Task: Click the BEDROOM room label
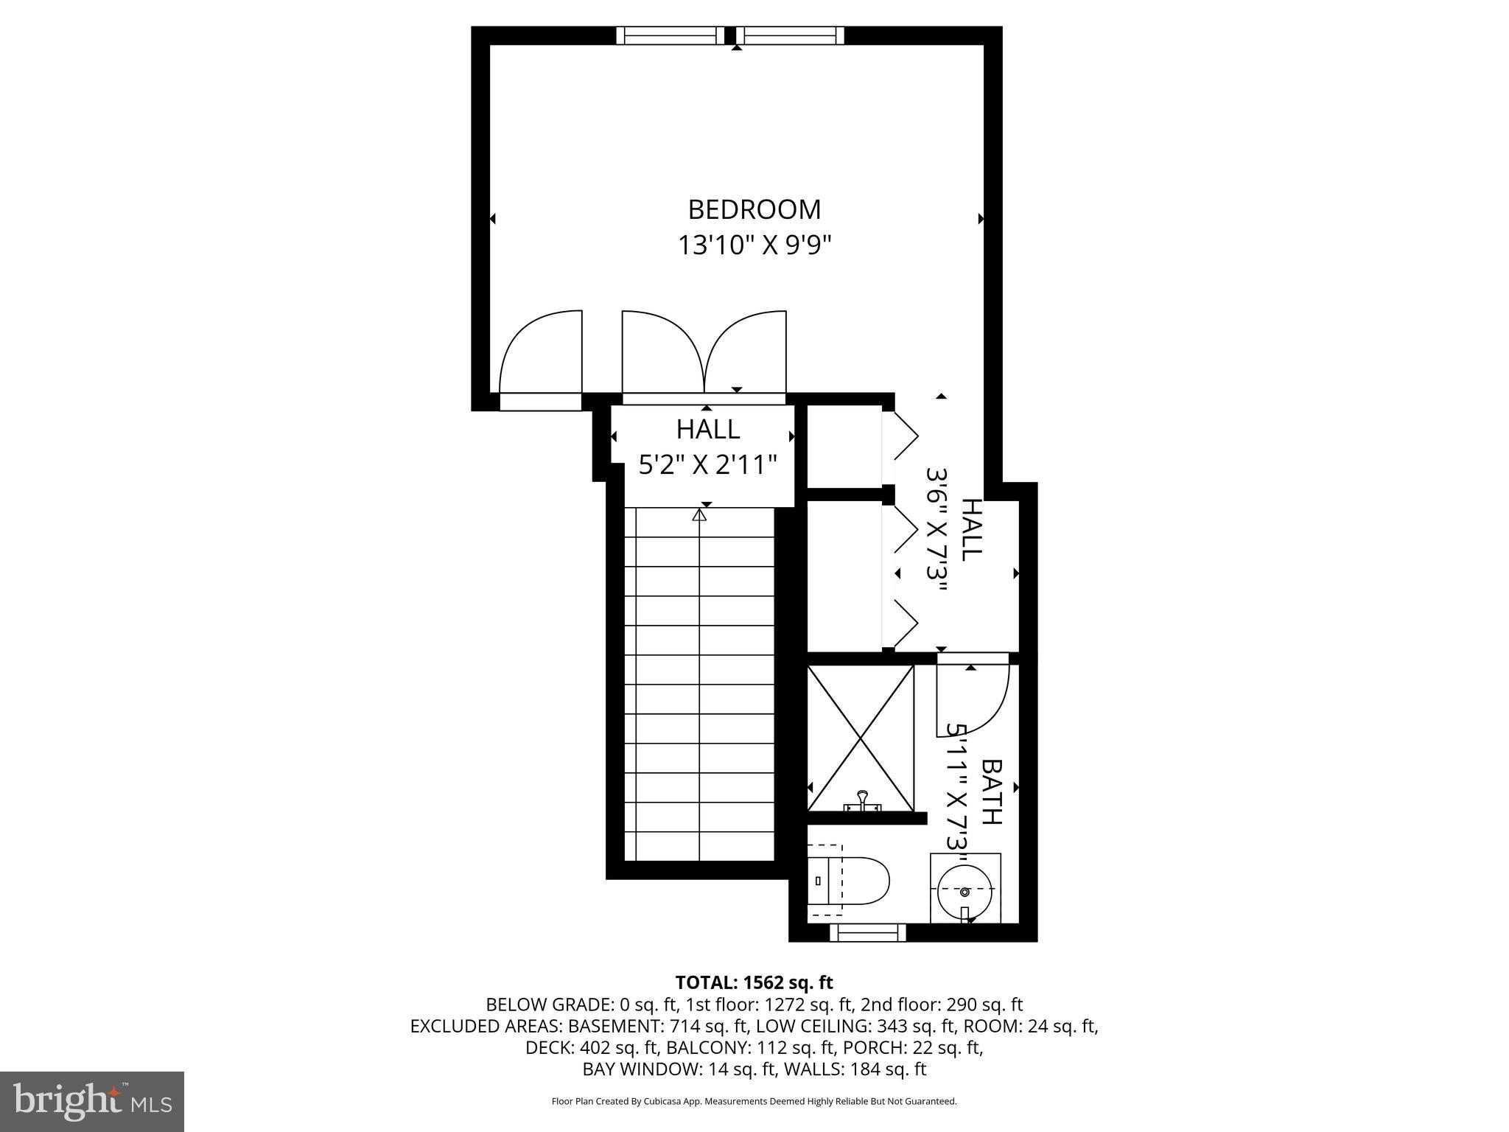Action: [x=754, y=210]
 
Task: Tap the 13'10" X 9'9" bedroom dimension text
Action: [x=754, y=245]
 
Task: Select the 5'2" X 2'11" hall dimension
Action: [x=707, y=466]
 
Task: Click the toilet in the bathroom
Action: [x=849, y=881]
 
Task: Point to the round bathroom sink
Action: [x=964, y=890]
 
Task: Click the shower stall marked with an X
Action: [x=861, y=738]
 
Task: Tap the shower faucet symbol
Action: [x=861, y=800]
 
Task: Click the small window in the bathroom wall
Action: [x=867, y=933]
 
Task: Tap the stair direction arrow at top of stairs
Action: [x=699, y=516]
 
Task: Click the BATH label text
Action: [x=992, y=792]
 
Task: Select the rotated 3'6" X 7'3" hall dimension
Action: [x=936, y=531]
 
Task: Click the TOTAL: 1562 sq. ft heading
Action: [x=754, y=982]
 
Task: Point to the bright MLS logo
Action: [x=92, y=1100]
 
